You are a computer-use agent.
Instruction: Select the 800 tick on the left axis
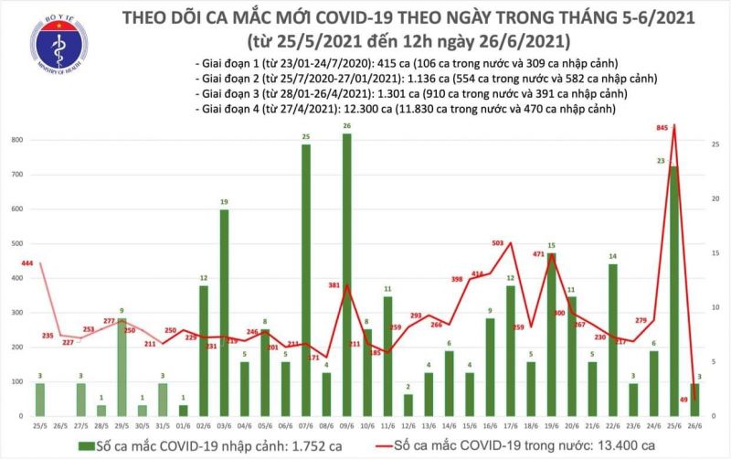(17, 140)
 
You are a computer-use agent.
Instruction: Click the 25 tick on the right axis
(714, 144)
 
